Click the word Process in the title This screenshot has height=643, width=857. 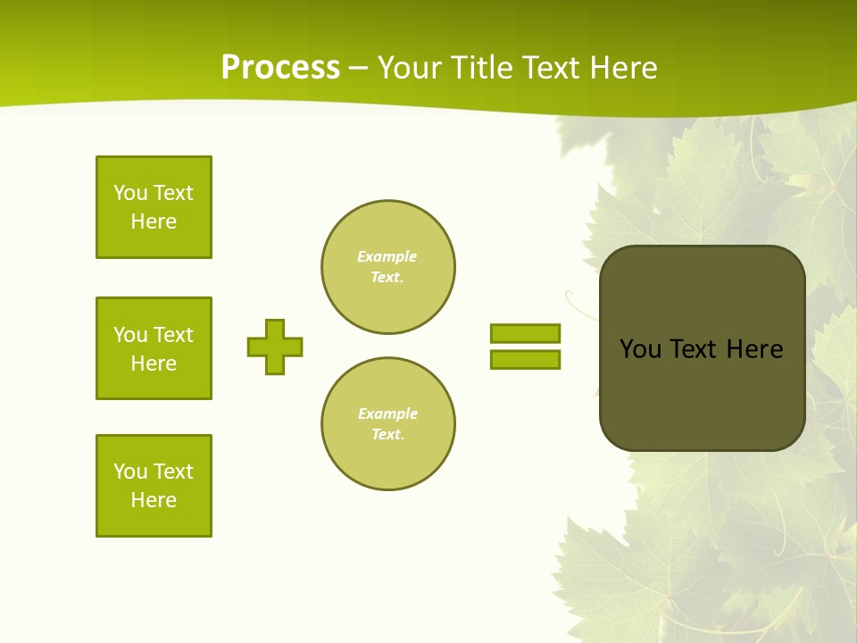[280, 68]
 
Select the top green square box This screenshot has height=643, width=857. [154, 207]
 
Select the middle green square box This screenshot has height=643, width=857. [154, 348]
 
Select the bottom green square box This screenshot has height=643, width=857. [154, 486]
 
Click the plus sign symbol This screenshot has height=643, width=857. [275, 347]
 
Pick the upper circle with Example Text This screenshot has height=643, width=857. [387, 267]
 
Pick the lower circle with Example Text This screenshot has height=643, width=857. [387, 424]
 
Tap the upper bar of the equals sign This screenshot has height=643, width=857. [525, 333]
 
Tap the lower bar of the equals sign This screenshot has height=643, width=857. [525, 359]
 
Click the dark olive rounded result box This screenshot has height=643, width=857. [702, 393]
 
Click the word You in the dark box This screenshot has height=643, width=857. [640, 349]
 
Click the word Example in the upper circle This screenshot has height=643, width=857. [387, 256]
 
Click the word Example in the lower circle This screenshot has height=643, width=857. [387, 413]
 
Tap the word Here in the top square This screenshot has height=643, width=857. [154, 221]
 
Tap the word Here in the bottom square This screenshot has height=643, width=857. [154, 500]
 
